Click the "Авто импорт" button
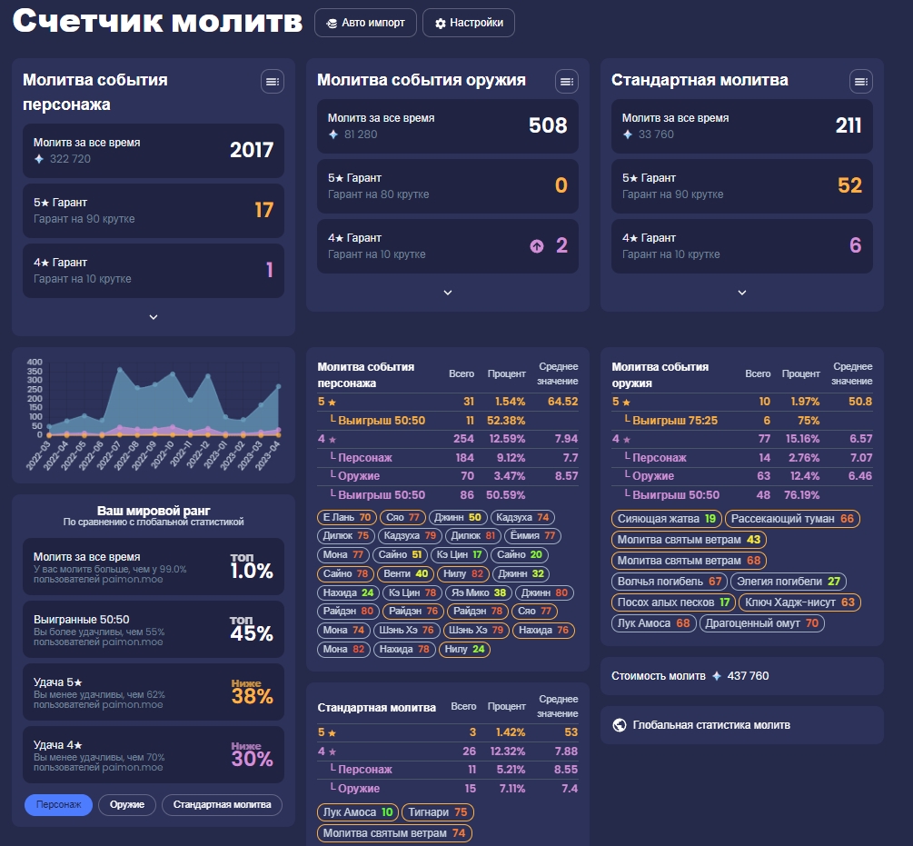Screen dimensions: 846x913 click(365, 23)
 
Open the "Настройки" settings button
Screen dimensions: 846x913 click(469, 23)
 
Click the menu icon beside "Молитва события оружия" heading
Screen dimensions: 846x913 click(567, 82)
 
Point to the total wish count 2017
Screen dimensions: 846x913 click(252, 150)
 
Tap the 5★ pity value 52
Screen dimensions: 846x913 click(849, 185)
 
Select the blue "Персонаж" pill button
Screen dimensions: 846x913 click(58, 805)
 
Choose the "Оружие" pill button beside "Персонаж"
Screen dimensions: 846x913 click(127, 805)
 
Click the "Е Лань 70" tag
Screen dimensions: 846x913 click(347, 517)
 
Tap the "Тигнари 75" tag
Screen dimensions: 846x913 click(437, 812)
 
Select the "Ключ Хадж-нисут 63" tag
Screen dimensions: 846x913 click(799, 602)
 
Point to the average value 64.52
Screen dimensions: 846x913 click(562, 402)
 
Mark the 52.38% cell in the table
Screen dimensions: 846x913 click(506, 421)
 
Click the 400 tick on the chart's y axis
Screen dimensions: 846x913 click(35, 361)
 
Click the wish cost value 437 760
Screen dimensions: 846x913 click(749, 676)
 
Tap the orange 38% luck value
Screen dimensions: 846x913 click(252, 697)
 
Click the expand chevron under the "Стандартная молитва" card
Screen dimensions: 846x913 click(741, 293)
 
